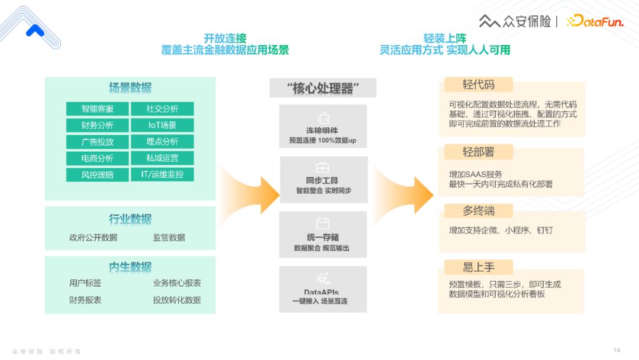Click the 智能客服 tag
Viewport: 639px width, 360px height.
pos(98,109)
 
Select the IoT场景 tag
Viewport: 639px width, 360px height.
pos(162,125)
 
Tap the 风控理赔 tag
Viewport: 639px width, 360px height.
pos(98,175)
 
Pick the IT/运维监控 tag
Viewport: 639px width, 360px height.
pos(162,175)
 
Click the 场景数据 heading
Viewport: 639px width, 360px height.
pos(130,88)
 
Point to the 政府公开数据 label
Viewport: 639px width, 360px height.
pos(93,237)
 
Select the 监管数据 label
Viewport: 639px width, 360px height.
pos(169,237)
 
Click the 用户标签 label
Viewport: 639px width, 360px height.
pos(85,283)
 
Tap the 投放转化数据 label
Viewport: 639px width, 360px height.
pos(176,300)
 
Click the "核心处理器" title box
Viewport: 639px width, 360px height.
pos(323,88)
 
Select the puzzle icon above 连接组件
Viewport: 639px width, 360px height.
pos(323,118)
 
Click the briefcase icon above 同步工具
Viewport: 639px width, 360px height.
pos(323,168)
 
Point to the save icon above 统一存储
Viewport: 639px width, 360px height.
pos(323,223)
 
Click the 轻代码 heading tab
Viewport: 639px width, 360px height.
pos(479,85)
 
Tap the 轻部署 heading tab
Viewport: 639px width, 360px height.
pos(479,152)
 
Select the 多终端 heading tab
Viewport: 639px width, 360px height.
pos(479,211)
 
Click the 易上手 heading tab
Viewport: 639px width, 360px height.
pos(479,266)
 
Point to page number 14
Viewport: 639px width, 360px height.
pos(617,349)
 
